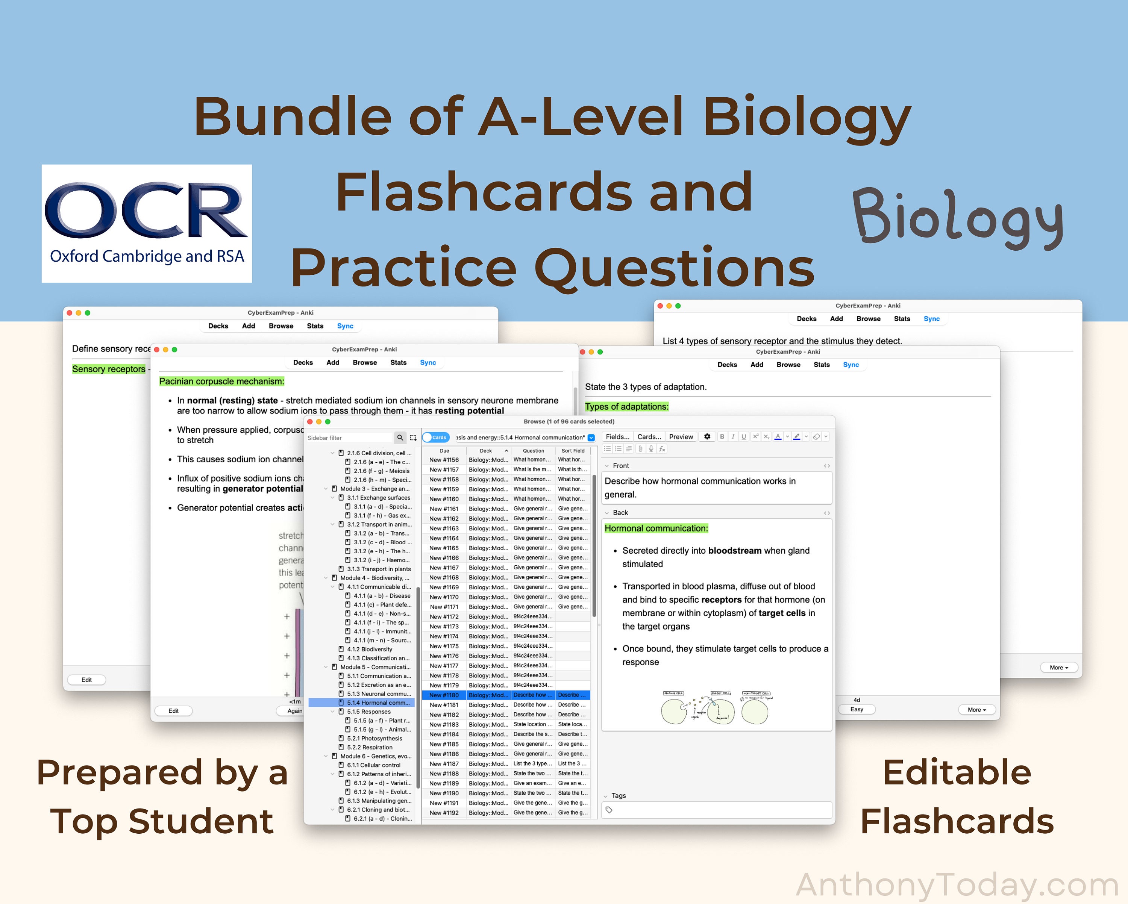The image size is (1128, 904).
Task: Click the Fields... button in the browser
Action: [617, 437]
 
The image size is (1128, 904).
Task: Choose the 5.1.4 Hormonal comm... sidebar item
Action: [378, 703]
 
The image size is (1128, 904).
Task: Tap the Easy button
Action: [857, 709]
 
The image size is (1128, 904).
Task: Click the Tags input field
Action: [717, 810]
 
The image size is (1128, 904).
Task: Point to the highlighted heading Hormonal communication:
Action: [656, 528]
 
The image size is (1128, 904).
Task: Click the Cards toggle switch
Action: [435, 438]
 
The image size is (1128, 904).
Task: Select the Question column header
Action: [533, 450]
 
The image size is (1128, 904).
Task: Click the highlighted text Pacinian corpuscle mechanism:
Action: [221, 382]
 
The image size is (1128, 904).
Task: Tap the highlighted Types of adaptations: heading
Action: [626, 406]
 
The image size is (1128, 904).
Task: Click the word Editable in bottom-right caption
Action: [957, 773]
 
